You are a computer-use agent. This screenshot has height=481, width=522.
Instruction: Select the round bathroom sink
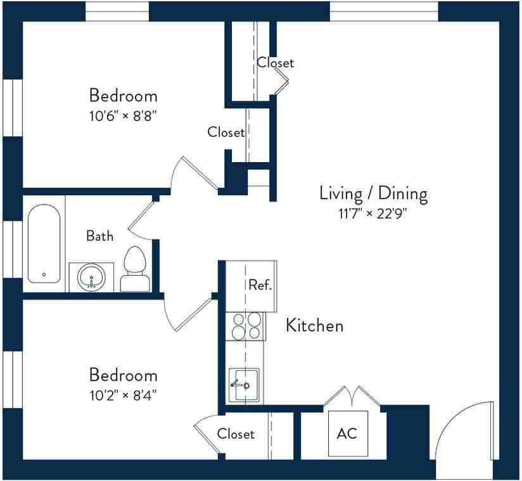tap(92, 278)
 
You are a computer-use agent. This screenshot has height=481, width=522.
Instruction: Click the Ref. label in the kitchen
tap(260, 285)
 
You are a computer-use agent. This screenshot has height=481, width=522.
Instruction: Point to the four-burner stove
tap(246, 326)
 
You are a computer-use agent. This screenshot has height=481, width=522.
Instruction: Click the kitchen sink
tap(244, 384)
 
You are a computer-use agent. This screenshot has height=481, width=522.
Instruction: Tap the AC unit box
tap(347, 434)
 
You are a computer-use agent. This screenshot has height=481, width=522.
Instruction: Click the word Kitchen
tap(315, 326)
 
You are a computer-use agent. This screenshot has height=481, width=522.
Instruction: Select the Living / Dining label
tap(372, 193)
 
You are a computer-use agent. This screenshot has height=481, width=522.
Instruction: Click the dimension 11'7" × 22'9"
tap(372, 214)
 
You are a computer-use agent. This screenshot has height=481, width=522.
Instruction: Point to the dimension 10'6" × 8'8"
tap(123, 116)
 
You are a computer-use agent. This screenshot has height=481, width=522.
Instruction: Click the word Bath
tap(100, 236)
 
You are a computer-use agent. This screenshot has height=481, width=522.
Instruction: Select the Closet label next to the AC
tap(236, 434)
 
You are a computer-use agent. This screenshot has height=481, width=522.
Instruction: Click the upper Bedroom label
tap(123, 96)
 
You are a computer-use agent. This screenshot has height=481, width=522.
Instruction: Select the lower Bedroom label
tap(123, 375)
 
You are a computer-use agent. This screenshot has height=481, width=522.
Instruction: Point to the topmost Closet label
tap(275, 63)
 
